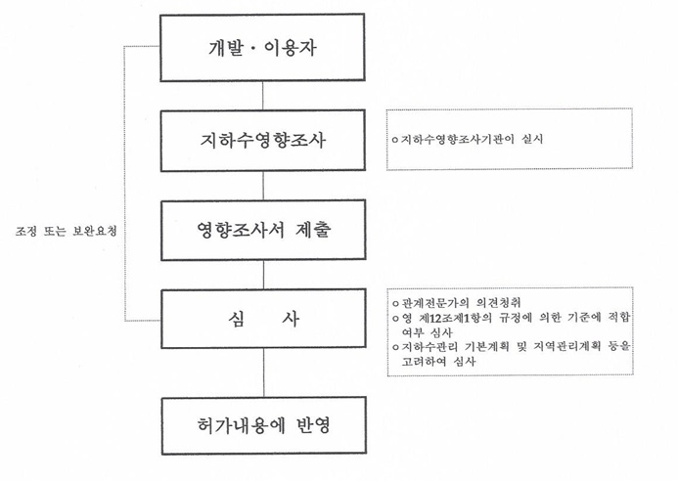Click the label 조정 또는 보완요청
[x=67, y=231]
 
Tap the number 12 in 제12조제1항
[x=434, y=318]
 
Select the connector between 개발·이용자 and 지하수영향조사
[x=263, y=96]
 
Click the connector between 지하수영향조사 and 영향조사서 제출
[x=263, y=186]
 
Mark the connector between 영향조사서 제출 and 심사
[x=264, y=275]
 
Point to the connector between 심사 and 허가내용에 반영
[x=264, y=372]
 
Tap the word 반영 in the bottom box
[x=314, y=425]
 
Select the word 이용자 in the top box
[x=290, y=48]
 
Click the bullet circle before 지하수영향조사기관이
[x=395, y=140]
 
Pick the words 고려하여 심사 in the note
[x=438, y=362]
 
